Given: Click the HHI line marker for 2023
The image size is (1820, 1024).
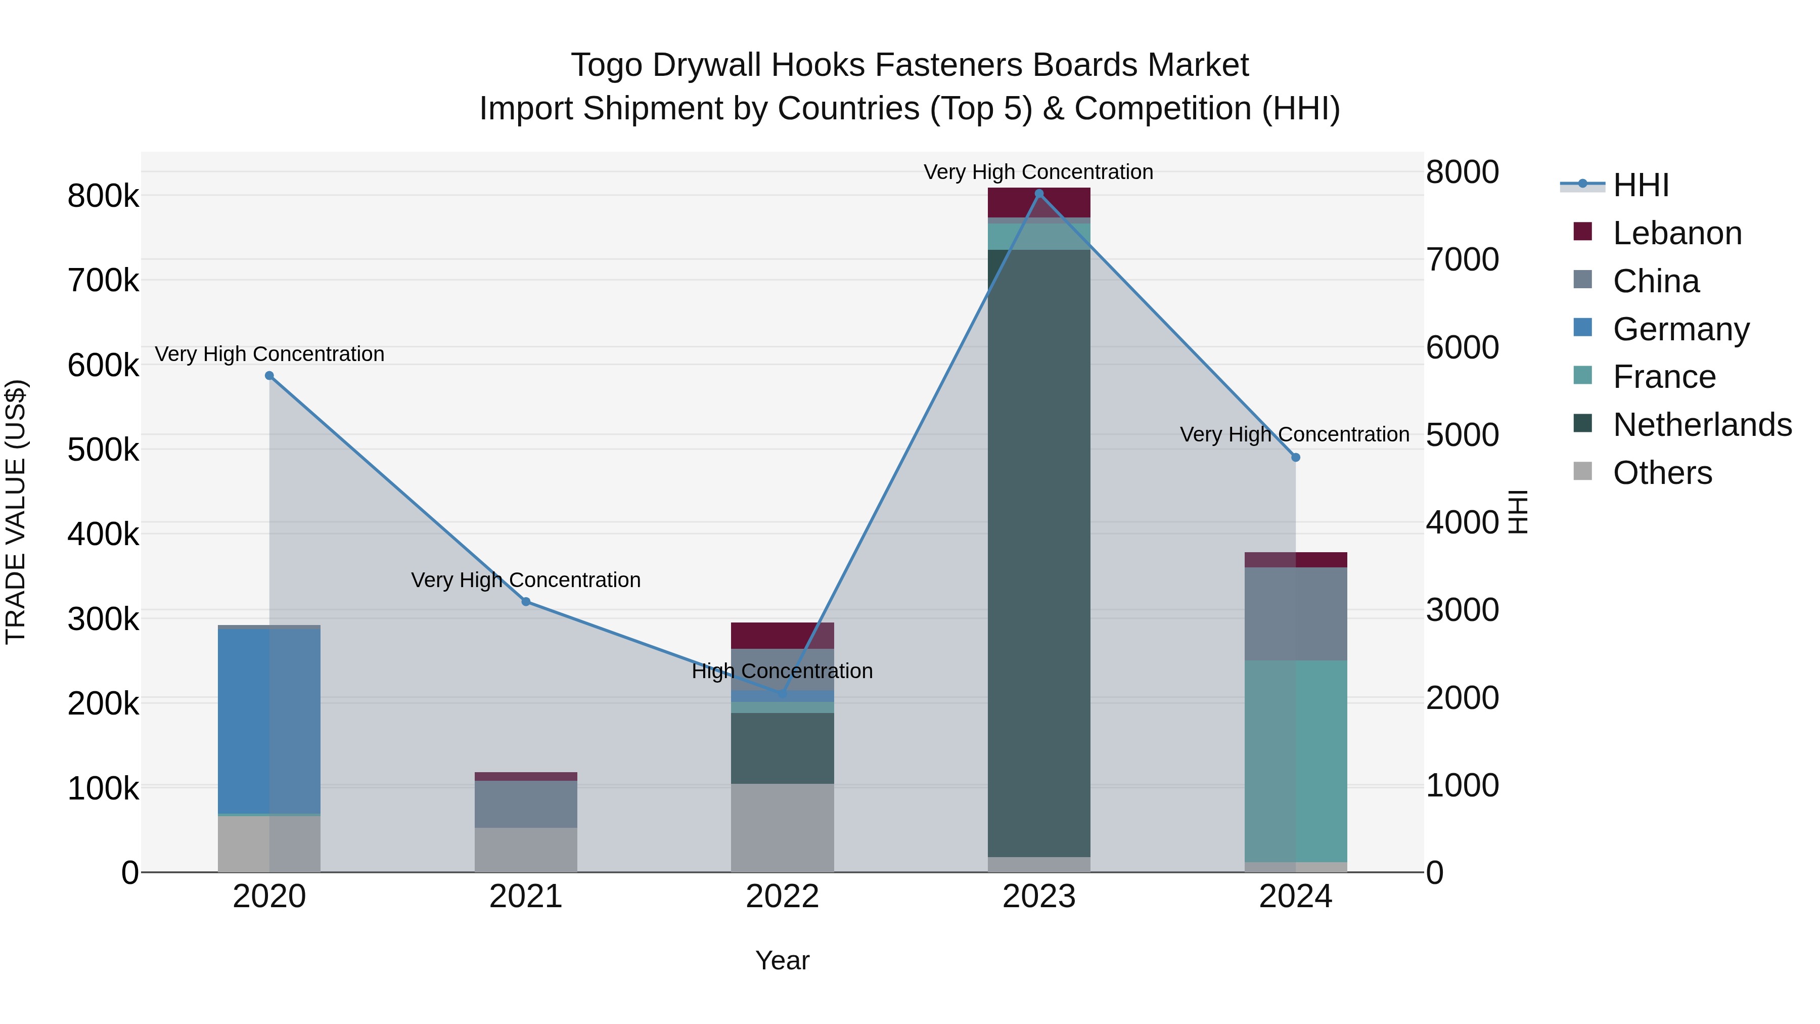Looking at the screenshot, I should (x=1038, y=194).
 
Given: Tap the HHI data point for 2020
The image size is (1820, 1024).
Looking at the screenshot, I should (x=269, y=376).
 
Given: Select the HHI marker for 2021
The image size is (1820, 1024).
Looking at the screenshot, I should (x=526, y=601).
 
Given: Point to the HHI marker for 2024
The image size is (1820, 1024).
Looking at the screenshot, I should (x=1296, y=457).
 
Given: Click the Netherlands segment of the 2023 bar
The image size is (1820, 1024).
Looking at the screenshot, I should (x=1038, y=551).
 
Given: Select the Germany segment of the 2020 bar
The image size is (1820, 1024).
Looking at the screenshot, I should (x=269, y=721).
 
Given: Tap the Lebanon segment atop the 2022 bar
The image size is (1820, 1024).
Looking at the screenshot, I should (x=782, y=635).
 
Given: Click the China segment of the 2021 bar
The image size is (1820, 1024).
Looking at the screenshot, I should (x=526, y=804).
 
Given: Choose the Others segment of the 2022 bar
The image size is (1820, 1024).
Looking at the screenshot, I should (x=782, y=827).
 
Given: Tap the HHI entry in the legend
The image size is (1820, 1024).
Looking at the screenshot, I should (x=1641, y=185).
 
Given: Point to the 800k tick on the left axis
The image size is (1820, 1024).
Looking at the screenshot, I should (x=103, y=196).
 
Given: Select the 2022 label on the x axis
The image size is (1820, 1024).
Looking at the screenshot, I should (x=782, y=897).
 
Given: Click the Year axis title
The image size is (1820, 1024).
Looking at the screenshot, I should (x=782, y=960).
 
